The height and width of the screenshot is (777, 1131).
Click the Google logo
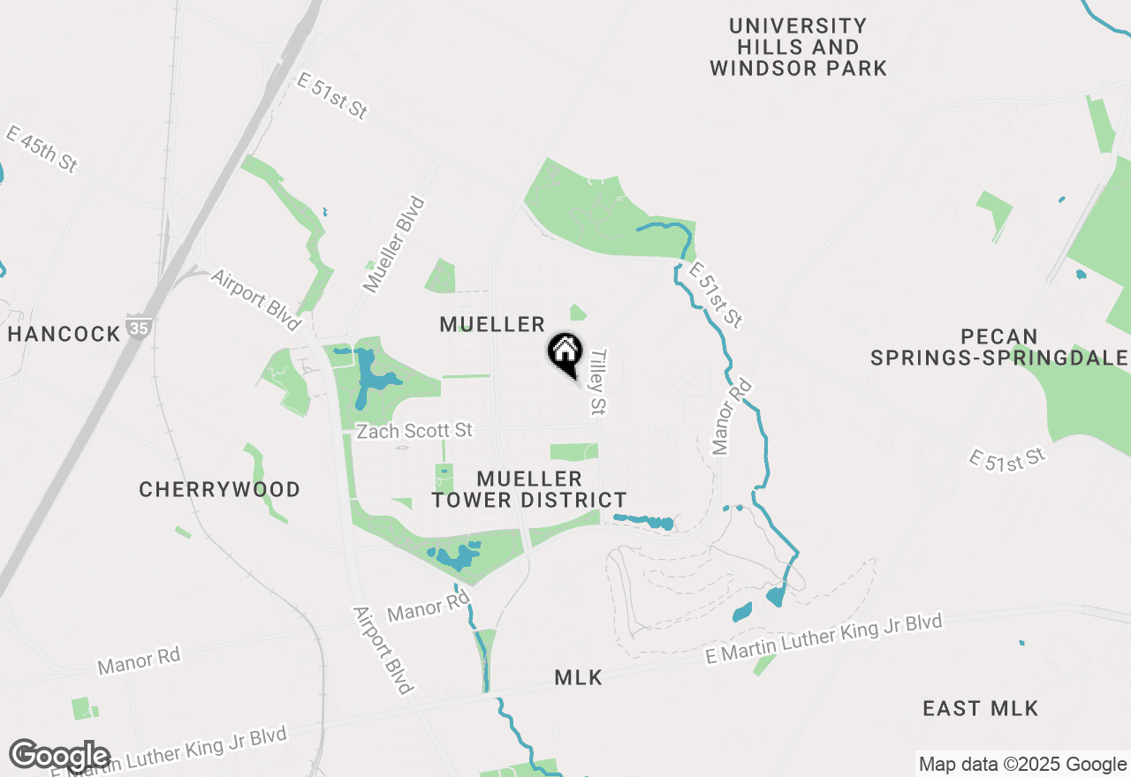pyautogui.click(x=59, y=756)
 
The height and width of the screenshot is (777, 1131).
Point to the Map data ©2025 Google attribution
pyautogui.click(x=1021, y=765)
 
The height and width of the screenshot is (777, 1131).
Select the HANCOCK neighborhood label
pyautogui.click(x=64, y=334)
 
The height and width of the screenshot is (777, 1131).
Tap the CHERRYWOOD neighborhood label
pyautogui.click(x=219, y=489)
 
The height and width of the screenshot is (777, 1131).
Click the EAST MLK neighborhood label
pyautogui.click(x=980, y=708)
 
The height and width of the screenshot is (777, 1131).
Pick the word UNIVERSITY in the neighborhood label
pyautogui.click(x=798, y=26)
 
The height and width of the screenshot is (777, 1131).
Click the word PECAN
pyautogui.click(x=1000, y=337)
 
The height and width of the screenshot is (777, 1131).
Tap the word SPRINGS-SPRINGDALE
pyautogui.click(x=999, y=358)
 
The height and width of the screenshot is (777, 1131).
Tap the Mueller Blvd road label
pyautogui.click(x=394, y=245)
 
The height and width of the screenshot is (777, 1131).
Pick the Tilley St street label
pyautogui.click(x=599, y=381)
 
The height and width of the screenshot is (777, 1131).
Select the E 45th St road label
pyautogui.click(x=42, y=148)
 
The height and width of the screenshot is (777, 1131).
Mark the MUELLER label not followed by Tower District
pyautogui.click(x=492, y=324)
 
